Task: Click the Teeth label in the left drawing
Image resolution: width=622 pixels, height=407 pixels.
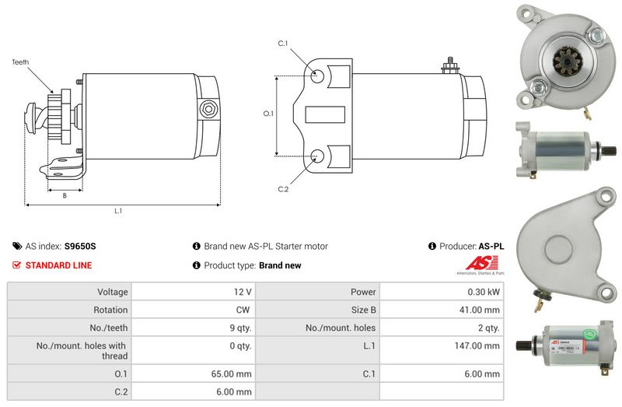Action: [21, 60]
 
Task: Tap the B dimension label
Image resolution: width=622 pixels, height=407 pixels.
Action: [65, 195]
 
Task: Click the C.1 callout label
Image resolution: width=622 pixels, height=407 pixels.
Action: [283, 44]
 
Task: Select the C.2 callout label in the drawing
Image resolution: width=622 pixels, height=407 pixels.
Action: [283, 189]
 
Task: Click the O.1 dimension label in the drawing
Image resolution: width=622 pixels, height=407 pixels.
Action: [268, 114]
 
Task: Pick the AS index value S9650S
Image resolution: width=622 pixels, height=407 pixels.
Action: [80, 247]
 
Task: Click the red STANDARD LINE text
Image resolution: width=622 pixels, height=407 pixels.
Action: [58, 265]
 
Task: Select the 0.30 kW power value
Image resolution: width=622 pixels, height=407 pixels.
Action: [485, 293]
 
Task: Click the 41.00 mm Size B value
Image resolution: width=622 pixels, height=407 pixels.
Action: [483, 311]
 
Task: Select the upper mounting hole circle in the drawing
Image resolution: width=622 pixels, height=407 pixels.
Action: [317, 77]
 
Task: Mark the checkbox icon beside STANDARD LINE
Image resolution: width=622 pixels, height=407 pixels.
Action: [17, 265]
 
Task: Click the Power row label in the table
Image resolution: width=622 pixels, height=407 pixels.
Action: [363, 293]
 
